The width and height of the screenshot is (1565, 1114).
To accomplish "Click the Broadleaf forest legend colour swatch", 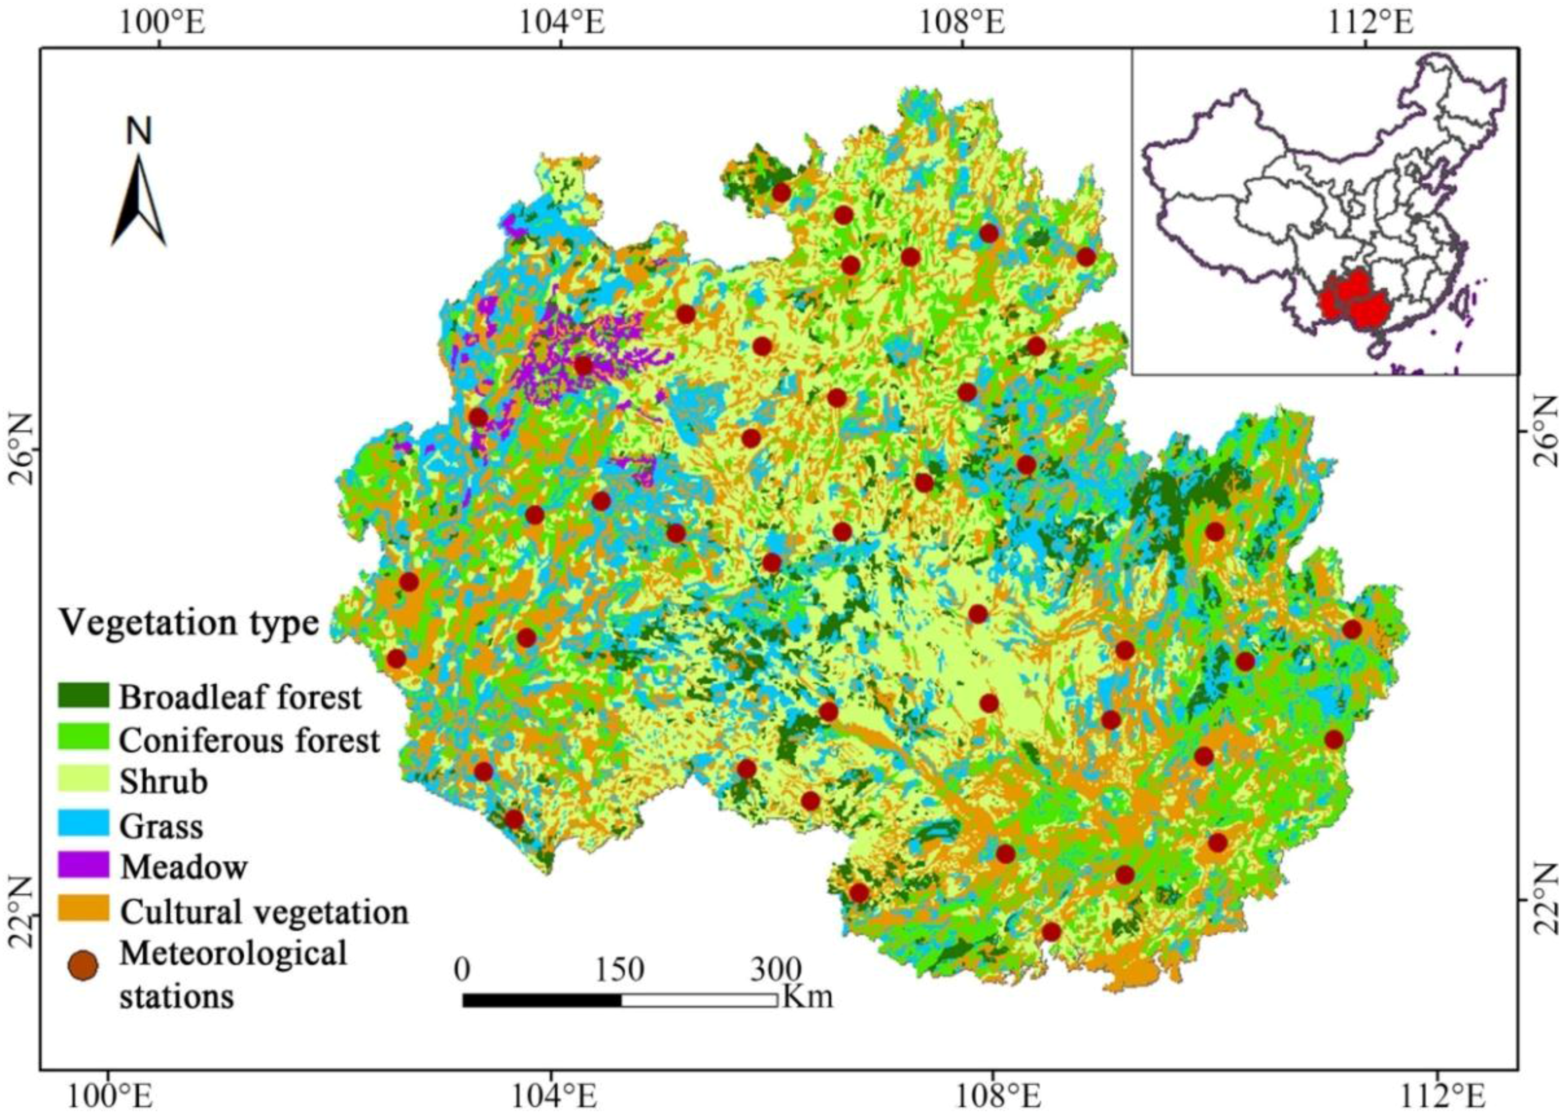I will (x=83, y=696).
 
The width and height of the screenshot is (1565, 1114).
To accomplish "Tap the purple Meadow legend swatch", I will (x=83, y=866).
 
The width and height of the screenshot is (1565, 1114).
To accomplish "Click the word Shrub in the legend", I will (x=163, y=781).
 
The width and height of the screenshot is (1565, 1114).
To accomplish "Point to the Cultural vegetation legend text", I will (x=264, y=911).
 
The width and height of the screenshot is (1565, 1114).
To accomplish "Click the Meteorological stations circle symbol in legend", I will (x=83, y=966).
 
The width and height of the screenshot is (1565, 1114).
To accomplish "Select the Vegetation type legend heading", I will (x=189, y=623).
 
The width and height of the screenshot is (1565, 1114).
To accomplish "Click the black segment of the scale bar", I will (x=542, y=1000).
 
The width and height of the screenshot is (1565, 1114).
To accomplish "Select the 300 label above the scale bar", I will (x=776, y=970).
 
